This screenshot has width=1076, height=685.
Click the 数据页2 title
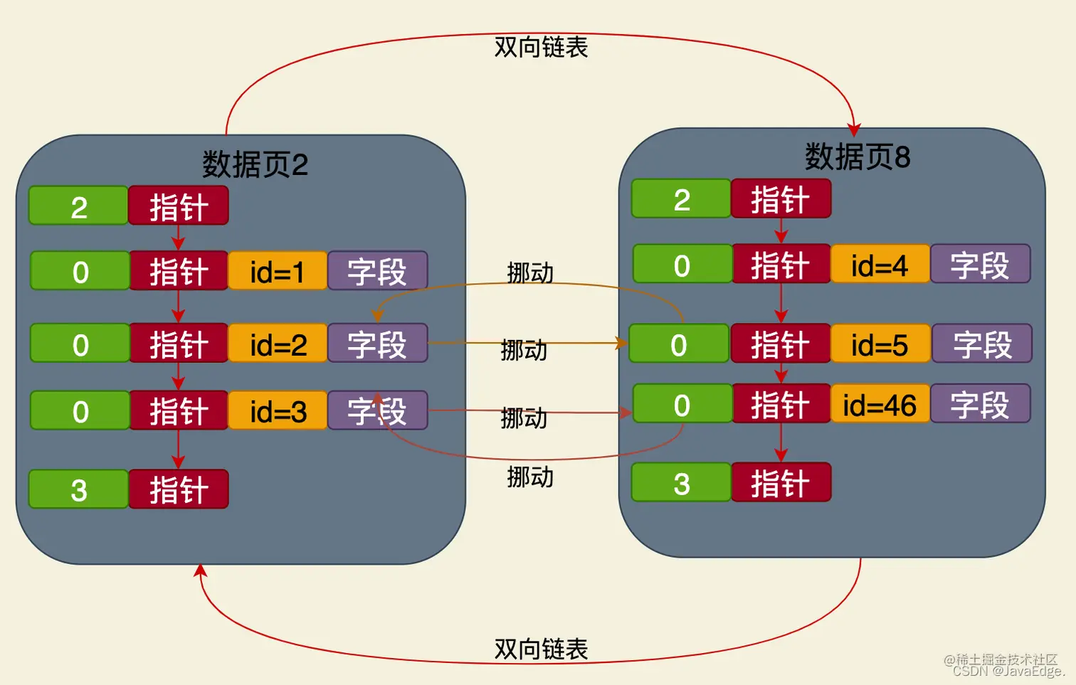coord(255,165)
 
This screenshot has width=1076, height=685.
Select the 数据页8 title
coord(857,157)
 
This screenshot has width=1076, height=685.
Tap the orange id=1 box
coord(278,271)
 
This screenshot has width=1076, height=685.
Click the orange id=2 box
coord(278,344)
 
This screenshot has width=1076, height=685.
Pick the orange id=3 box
coord(278,411)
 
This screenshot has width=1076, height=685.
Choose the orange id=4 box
coord(880,265)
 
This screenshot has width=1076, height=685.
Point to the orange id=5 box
coord(880,344)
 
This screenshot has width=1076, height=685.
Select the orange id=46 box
coord(880,405)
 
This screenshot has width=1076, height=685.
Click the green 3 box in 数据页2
coord(79,489)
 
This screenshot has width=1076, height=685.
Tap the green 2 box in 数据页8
coord(681,199)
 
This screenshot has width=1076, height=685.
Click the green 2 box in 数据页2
coord(79,206)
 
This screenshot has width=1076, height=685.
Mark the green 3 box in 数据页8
coord(681,483)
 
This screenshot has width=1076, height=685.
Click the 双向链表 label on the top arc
coord(541,48)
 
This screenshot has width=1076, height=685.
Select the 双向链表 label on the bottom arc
coord(541,649)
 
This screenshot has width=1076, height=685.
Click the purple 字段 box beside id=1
coord(377,271)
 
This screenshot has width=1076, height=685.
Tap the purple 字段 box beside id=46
coord(980,405)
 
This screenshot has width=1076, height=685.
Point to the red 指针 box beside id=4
coord(781,265)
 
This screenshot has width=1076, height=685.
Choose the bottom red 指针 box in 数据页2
coord(179,489)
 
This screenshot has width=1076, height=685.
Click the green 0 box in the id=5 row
coord(679,344)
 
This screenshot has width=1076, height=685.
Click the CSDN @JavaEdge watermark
coord(1008,671)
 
